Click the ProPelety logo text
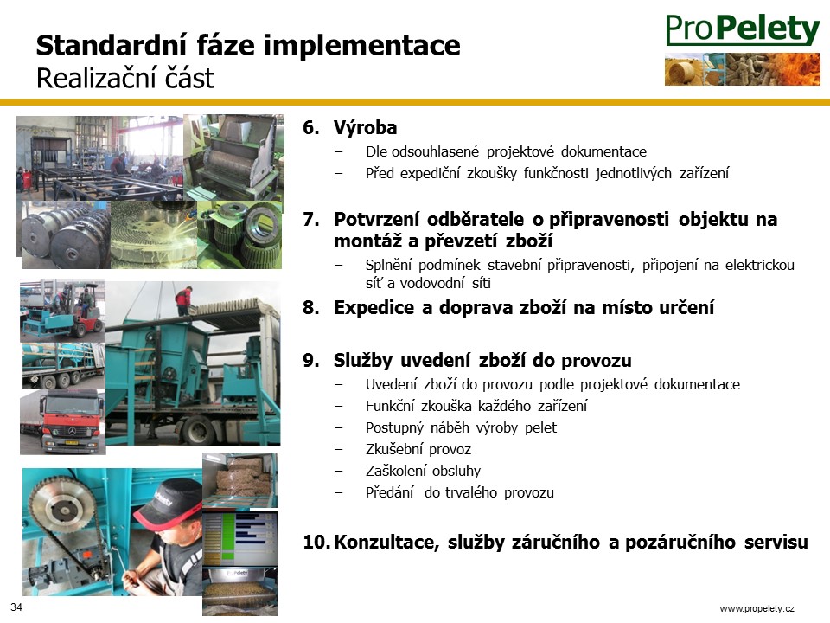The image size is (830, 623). pyautogui.click(x=743, y=29)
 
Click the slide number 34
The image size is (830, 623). pyautogui.click(x=16, y=607)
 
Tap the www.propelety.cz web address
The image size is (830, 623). pyautogui.click(x=757, y=608)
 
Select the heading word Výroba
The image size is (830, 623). pyautogui.click(x=365, y=128)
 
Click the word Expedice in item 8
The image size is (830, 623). pyautogui.click(x=374, y=307)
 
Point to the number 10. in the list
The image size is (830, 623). pyautogui.click(x=317, y=542)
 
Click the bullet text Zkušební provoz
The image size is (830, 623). pyautogui.click(x=418, y=450)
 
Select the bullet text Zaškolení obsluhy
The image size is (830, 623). pyautogui.click(x=423, y=471)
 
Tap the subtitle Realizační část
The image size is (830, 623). pyautogui.click(x=124, y=79)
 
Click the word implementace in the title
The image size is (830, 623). pyautogui.click(x=362, y=46)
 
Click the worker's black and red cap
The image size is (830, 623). pyautogui.click(x=166, y=502)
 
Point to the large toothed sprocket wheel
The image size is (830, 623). pyautogui.click(x=63, y=508)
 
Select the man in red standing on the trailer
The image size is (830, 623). pyautogui.click(x=183, y=301)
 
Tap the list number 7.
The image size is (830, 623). pyautogui.click(x=311, y=219)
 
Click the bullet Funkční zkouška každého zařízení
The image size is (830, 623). pyautogui.click(x=476, y=407)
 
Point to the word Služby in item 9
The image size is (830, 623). pyautogui.click(x=363, y=361)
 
